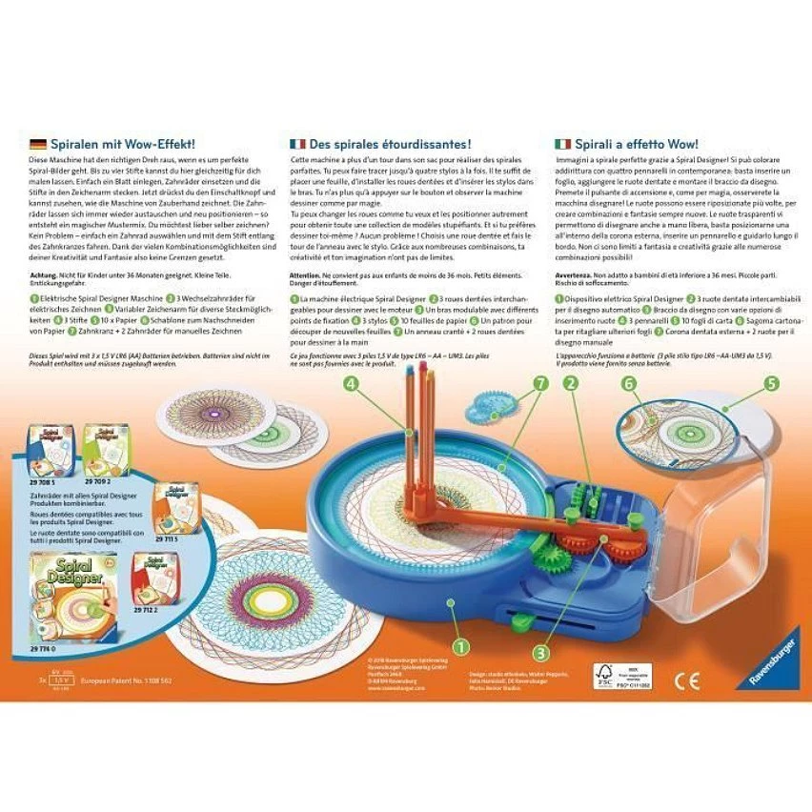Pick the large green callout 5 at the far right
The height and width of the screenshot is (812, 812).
pos(772,384)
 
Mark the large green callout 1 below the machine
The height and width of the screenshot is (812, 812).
pos(461,647)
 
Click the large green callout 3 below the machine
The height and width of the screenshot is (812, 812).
pos(540,653)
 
